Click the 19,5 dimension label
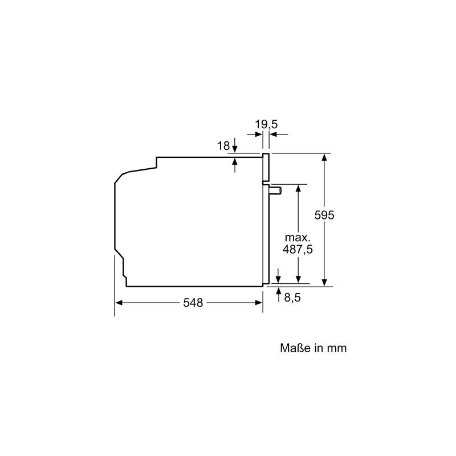tap(266, 125)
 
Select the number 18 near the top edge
tap(223, 146)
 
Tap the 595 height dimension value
tap(324, 215)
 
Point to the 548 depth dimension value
tap(193, 303)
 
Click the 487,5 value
tap(298, 250)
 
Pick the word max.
tap(298, 238)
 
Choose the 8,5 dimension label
tap(292, 298)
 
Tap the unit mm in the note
tap(337, 348)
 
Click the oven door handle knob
tap(275, 190)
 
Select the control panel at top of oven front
tap(266, 167)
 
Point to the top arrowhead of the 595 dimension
tap(324, 157)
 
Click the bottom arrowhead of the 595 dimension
tap(324, 283)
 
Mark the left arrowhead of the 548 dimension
tap(119, 303)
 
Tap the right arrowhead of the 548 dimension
tap(259, 303)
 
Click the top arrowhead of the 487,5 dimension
tap(298, 188)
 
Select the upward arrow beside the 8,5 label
tap(279, 294)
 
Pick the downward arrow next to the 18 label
tap(235, 145)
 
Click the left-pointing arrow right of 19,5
tap(279, 135)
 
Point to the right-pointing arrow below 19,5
tap(255, 135)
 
